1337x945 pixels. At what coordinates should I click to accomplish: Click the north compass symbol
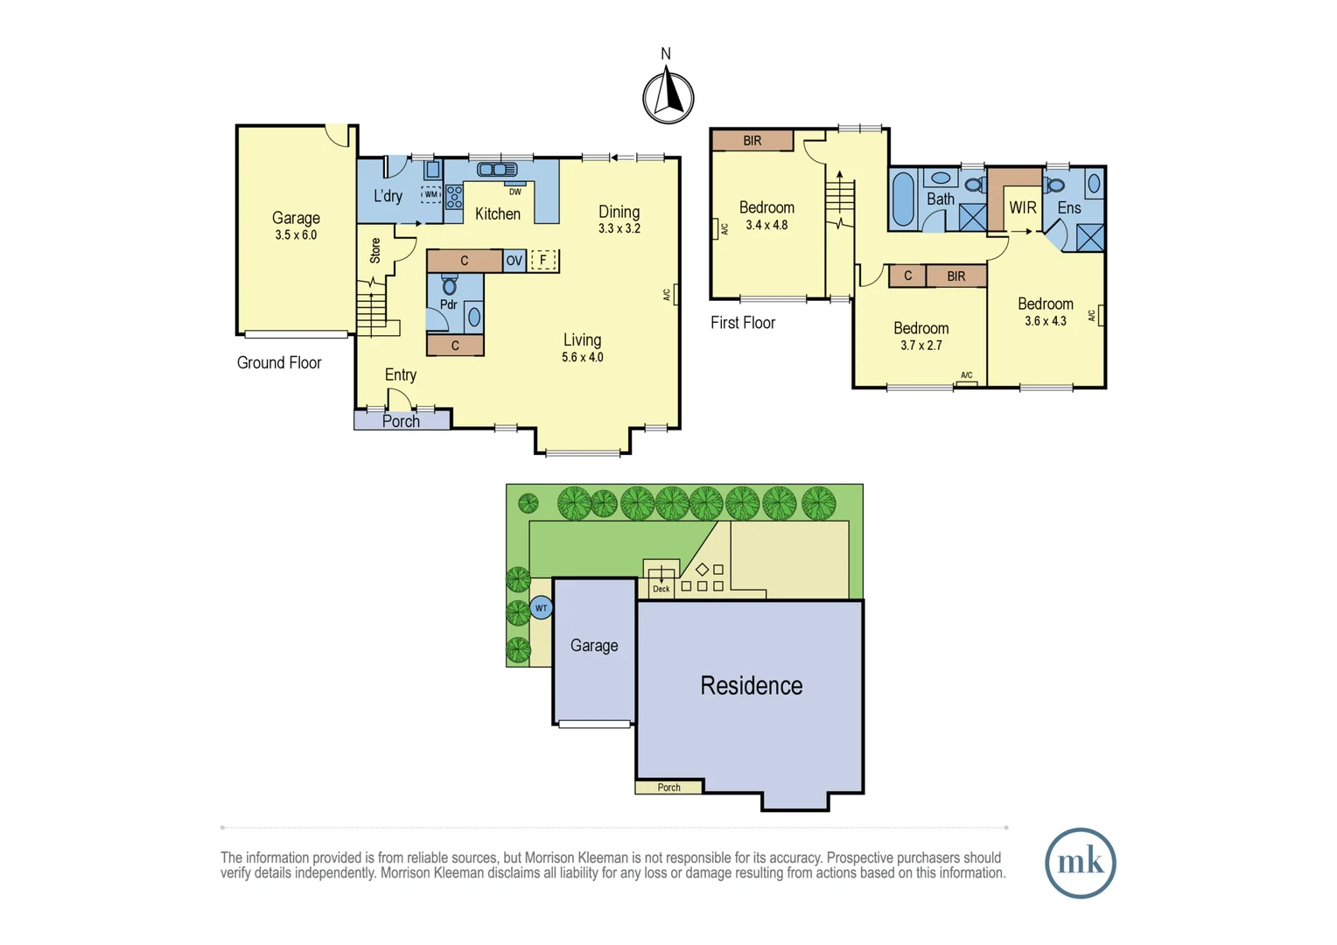[668, 95]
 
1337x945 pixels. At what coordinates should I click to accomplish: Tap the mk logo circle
[1080, 863]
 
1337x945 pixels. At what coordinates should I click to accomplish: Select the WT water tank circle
[541, 608]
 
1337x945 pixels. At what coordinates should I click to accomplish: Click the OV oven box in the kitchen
[514, 261]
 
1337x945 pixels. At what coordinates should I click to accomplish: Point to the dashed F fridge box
[543, 261]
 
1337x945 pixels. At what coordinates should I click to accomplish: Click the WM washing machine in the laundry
[430, 195]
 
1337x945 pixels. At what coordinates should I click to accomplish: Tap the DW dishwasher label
[515, 192]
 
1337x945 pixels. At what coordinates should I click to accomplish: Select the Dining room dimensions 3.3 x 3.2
[619, 229]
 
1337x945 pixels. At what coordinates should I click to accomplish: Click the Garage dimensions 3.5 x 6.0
[296, 235]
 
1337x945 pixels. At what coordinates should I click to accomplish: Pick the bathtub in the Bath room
[903, 199]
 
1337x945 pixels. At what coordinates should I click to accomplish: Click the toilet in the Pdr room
[450, 285]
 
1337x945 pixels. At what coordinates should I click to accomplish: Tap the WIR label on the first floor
[1022, 208]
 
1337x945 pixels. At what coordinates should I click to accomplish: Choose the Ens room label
[1068, 208]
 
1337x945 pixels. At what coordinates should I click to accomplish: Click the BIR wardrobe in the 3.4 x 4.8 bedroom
[752, 141]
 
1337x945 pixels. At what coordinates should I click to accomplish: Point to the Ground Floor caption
[279, 362]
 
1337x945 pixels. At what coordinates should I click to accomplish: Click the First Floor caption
[742, 323]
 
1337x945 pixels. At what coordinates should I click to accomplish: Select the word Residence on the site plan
[751, 685]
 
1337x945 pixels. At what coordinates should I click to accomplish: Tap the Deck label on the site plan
[661, 589]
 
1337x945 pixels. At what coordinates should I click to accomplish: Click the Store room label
[375, 251]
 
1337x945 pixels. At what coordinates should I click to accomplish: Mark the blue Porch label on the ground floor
[401, 422]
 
